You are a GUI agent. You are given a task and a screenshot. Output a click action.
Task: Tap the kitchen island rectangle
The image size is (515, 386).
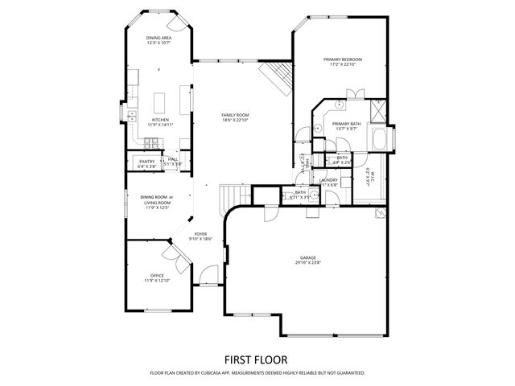[159, 103]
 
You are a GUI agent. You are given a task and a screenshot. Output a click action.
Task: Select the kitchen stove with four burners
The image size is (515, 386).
[150, 144]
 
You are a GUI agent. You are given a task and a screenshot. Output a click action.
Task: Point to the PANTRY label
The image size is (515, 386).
[146, 162]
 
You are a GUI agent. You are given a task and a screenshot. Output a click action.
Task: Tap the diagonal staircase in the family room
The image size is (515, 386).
[277, 78]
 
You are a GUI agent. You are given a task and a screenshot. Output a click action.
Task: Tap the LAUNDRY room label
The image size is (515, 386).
[328, 180]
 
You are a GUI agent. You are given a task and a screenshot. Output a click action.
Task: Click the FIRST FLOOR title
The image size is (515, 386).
[257, 359]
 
